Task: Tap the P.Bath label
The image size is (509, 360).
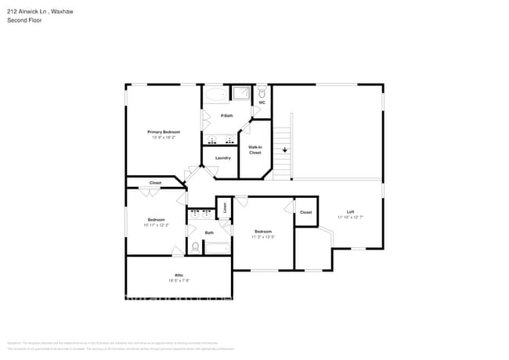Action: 226,117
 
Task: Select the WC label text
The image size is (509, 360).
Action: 262,103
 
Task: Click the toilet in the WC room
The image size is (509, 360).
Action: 262,92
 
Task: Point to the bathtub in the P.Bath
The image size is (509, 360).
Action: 216,95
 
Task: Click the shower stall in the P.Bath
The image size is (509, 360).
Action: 240,95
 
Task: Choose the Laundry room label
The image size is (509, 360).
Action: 222,158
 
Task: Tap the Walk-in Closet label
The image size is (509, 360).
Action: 255,149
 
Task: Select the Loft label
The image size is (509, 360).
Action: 351,212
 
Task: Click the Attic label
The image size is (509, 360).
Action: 179,275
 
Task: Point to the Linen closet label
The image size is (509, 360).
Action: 225,207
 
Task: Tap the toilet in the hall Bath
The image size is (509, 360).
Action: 195,247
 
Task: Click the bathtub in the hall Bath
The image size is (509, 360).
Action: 216,248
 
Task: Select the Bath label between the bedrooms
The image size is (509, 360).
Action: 209,232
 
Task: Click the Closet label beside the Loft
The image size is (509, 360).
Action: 305,212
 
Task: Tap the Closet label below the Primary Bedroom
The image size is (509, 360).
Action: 155,183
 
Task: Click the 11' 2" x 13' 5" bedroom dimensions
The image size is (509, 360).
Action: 262,236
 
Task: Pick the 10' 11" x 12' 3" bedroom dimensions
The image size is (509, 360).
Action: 155,225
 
